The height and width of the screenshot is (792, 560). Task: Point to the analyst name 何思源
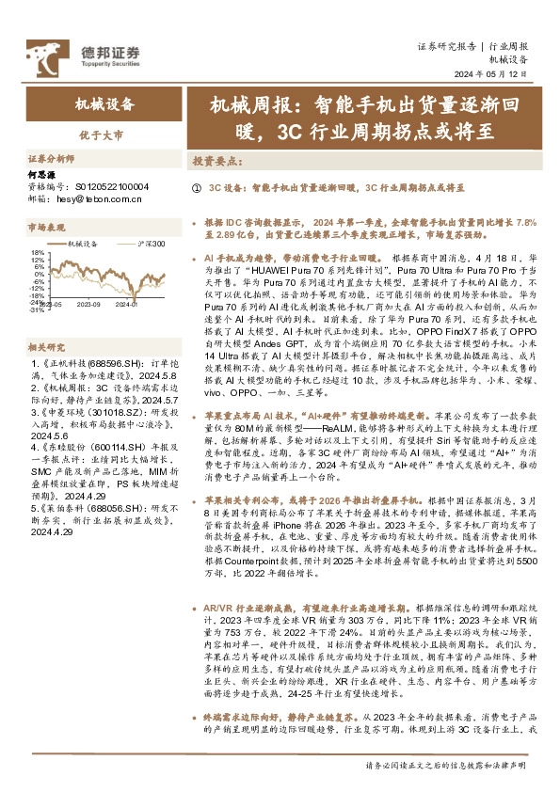coord(44,175)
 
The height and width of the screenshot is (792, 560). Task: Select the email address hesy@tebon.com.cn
coord(94,199)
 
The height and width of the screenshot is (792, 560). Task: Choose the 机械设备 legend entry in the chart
coord(87,244)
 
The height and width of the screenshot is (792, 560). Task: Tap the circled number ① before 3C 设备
coord(196,188)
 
